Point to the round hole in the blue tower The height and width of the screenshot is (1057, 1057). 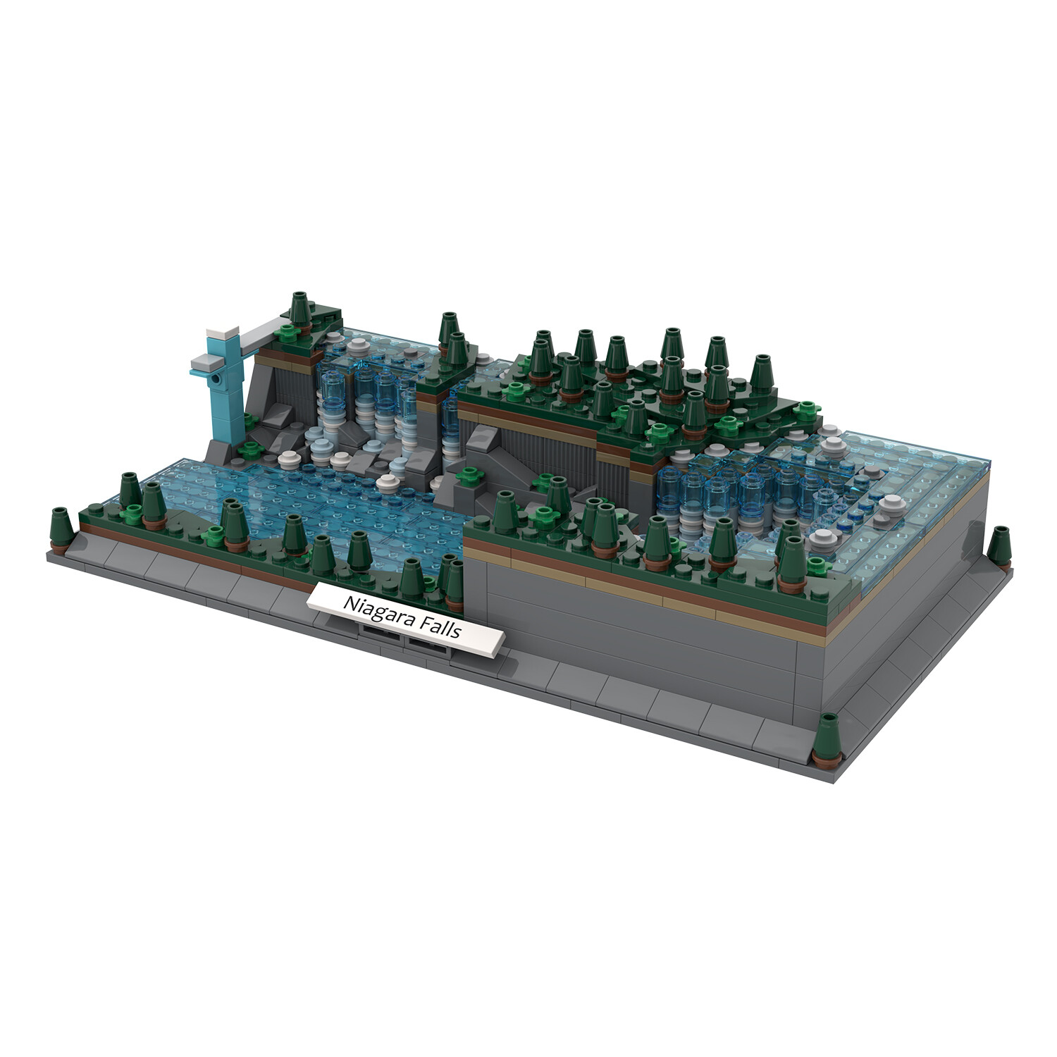pos(217,379)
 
